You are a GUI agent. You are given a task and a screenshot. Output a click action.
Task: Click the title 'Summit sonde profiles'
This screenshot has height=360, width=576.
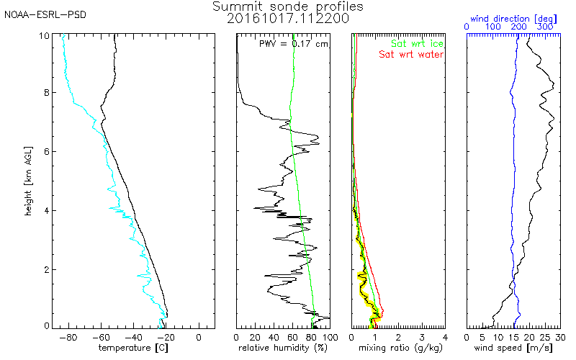[288, 6]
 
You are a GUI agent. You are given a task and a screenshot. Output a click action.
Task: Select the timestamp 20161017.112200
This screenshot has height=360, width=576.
[288, 19]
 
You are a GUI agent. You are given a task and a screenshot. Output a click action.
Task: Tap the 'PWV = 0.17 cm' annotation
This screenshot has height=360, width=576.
[293, 43]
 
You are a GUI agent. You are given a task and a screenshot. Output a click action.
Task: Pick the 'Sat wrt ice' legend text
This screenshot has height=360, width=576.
[417, 43]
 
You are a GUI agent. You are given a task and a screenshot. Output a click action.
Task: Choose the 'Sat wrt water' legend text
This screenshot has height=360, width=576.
[411, 54]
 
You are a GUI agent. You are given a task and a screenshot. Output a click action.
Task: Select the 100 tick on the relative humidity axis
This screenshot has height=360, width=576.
[330, 336]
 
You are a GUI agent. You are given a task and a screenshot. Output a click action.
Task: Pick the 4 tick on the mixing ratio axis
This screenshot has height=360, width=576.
[445, 336]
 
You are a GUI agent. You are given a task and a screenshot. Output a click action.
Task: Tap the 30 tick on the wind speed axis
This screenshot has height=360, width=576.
[560, 336]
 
